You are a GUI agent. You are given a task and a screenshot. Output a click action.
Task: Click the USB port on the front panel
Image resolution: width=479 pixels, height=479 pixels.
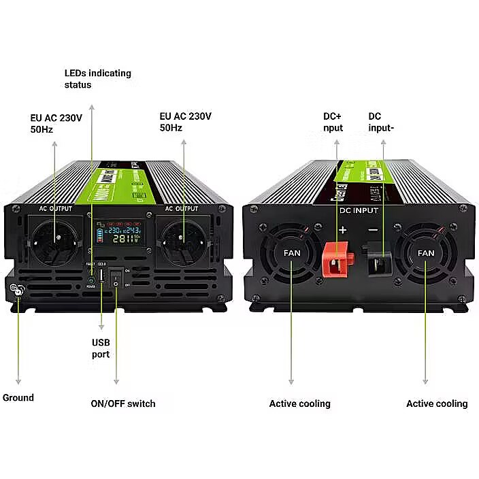[101, 276]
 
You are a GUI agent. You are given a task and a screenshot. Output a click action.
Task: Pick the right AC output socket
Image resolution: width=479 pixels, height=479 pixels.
[184, 242]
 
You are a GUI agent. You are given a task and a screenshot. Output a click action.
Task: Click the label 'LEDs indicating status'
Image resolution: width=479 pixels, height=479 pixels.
[97, 79]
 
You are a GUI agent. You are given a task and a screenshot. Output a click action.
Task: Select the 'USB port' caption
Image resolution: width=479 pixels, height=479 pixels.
[101, 348]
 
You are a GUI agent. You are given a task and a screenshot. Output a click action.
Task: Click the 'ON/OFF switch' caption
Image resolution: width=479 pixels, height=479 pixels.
[123, 403]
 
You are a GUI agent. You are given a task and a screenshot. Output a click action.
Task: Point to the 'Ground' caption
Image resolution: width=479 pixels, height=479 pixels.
[18, 397]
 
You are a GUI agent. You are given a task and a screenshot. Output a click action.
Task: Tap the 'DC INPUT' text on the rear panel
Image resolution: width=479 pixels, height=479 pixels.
[359, 211]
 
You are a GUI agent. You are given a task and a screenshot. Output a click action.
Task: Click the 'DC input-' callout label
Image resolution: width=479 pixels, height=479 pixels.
[381, 122]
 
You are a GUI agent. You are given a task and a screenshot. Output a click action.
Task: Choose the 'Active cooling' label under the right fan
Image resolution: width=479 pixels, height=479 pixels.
[437, 403]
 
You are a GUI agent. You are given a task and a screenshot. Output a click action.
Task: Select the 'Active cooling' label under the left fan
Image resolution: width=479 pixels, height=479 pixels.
[299, 403]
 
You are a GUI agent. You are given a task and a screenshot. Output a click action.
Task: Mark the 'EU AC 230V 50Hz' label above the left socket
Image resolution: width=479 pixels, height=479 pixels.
[56, 123]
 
